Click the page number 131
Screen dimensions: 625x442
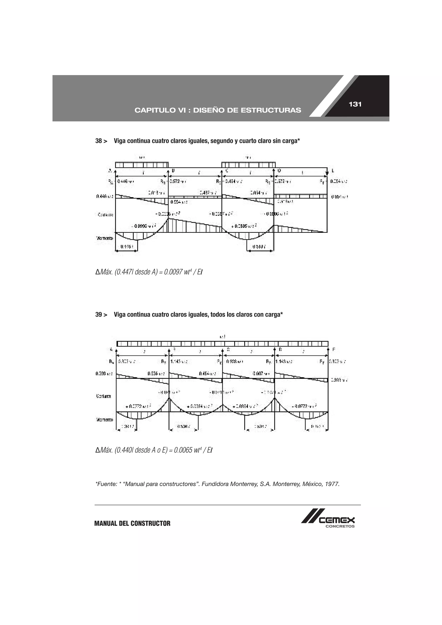[355, 104]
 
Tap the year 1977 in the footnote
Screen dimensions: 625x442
[332, 484]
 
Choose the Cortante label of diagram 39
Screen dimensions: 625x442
[104, 396]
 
